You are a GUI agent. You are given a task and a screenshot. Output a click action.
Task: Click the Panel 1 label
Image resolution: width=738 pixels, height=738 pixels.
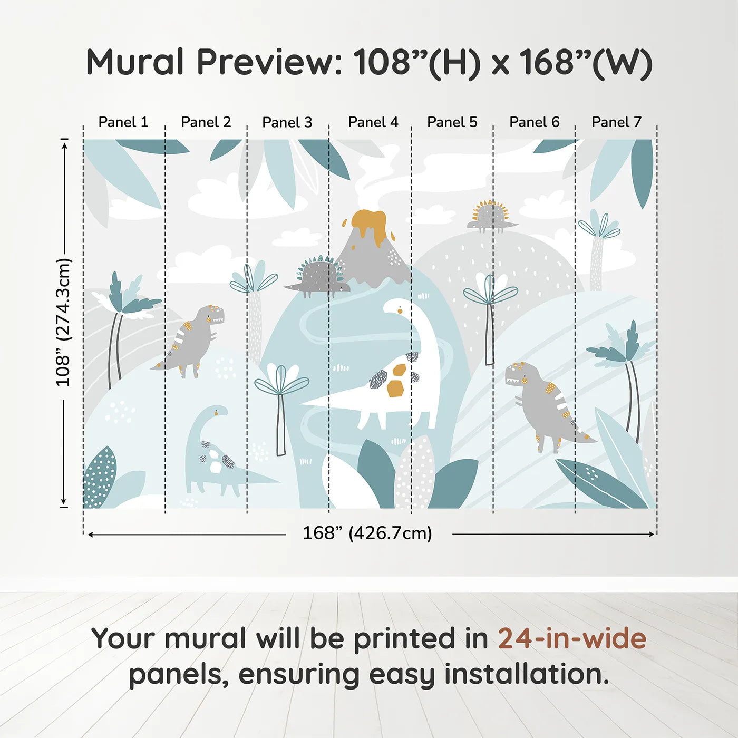(123, 122)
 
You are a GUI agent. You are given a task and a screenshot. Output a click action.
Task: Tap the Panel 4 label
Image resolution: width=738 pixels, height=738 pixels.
(373, 122)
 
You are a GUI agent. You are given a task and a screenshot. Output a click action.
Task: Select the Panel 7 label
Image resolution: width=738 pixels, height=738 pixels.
(616, 122)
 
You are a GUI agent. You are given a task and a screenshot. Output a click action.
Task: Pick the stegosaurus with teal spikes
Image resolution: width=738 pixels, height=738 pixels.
(318, 275)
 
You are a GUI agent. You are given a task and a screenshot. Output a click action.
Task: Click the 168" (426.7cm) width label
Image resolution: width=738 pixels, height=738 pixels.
(367, 533)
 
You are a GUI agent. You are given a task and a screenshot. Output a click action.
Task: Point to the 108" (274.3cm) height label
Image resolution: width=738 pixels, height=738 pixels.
(63, 323)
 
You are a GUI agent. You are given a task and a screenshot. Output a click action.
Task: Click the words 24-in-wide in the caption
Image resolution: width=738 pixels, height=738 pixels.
(572, 638)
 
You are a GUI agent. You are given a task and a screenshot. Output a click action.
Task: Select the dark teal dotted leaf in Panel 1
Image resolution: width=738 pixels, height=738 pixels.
(100, 478)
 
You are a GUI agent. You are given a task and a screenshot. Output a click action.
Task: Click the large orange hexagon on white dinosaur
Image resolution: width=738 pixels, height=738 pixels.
(395, 389)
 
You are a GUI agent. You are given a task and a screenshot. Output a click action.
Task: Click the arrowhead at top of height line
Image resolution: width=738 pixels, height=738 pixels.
(64, 144)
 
